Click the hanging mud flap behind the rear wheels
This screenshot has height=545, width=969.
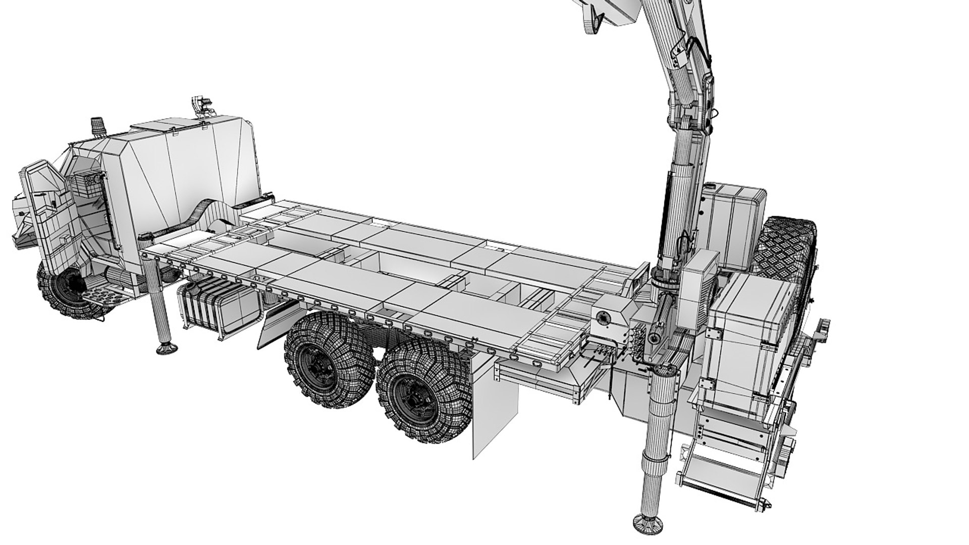[x=482, y=404]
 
